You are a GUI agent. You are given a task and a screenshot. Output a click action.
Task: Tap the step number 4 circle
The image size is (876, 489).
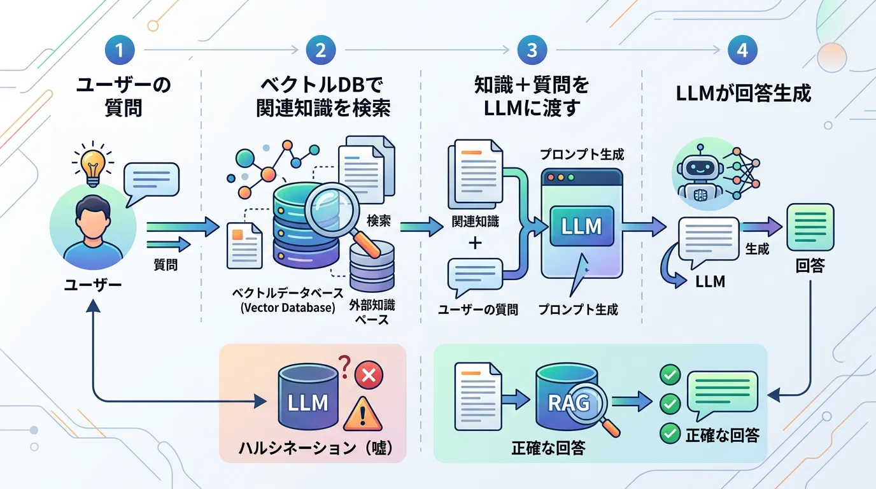click(x=742, y=50)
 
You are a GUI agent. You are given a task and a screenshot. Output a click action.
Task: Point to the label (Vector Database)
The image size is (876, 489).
click(x=288, y=308)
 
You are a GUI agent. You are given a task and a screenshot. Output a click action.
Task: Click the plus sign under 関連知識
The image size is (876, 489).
click(x=475, y=243)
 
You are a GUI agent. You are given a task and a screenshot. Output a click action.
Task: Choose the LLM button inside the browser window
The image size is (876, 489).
click(x=581, y=226)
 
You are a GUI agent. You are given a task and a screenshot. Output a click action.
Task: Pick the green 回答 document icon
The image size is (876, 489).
click(x=810, y=227)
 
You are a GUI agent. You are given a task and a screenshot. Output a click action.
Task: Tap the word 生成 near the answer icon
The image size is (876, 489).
click(x=757, y=249)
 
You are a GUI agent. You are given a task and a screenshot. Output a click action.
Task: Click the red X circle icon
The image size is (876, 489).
click(x=367, y=375)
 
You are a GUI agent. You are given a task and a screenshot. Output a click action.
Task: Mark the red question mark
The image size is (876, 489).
click(x=344, y=365)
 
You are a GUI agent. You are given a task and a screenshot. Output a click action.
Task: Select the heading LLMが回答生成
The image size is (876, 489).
click(x=743, y=94)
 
